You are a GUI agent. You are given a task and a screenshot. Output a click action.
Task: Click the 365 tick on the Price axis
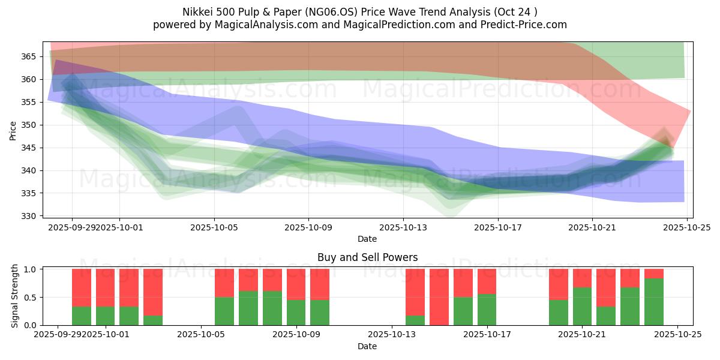pos(31,56)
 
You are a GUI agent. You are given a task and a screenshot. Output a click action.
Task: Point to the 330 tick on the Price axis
pos(31,216)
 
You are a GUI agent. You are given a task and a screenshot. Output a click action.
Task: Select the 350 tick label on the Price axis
pos(31,125)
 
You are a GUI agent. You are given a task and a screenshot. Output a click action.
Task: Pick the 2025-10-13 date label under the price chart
pos(403,227)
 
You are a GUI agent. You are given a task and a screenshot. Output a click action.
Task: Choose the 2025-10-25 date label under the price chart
pos(686,227)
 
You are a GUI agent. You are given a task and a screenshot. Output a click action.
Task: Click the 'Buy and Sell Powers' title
pos(367,257)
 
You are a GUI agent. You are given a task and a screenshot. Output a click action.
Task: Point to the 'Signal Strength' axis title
pos(14,296)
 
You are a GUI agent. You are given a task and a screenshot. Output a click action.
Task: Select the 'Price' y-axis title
pos(13,130)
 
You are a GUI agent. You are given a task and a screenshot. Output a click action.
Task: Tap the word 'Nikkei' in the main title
pos(197,12)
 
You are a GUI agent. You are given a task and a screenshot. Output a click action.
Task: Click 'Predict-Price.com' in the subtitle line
pos(521,25)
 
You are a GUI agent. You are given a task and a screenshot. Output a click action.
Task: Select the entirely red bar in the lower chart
pos(439,297)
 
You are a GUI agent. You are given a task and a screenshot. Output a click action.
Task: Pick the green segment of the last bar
pos(653,302)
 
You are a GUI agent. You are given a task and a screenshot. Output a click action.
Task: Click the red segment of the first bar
pos(82,287)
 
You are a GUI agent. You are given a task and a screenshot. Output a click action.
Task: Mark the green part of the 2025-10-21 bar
pos(582,306)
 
